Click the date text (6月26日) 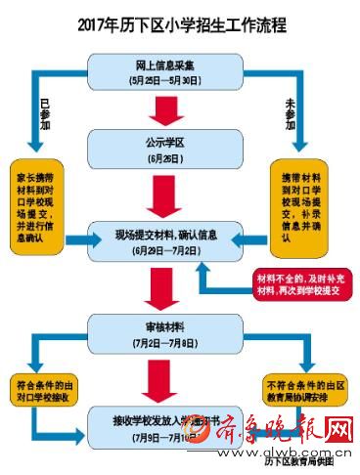pos(159,156)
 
